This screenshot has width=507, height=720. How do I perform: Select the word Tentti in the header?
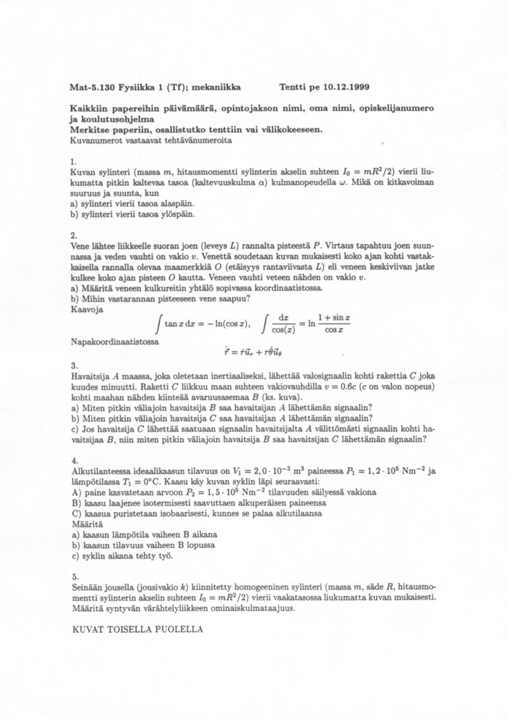pyautogui.click(x=293, y=86)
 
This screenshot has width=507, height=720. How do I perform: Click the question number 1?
pyautogui.click(x=75, y=162)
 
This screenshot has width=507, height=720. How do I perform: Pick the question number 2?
pyautogui.click(x=75, y=235)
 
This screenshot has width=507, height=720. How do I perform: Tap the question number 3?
pyautogui.click(x=75, y=365)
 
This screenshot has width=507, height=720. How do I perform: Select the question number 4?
pyautogui.click(x=75, y=460)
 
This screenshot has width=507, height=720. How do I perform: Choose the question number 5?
pyautogui.click(x=75, y=577)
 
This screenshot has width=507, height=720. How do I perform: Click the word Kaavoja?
pyautogui.click(x=88, y=310)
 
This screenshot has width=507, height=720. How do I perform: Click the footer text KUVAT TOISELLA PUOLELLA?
pyautogui.click(x=138, y=630)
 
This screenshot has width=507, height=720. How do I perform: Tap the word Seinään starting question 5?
pyautogui.click(x=89, y=587)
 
